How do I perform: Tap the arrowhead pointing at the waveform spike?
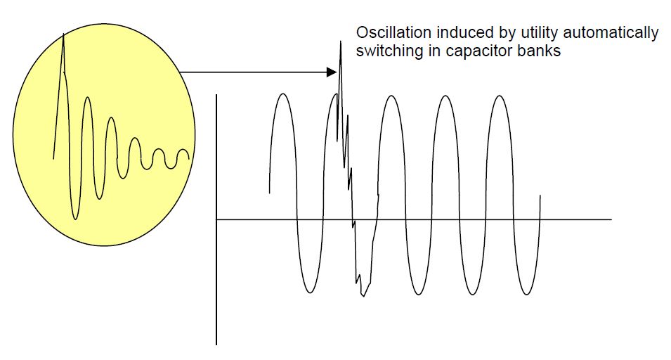point(333,72)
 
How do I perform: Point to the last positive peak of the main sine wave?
point(498,94)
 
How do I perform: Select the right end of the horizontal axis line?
point(611,219)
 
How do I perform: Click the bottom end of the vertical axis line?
point(216,345)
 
